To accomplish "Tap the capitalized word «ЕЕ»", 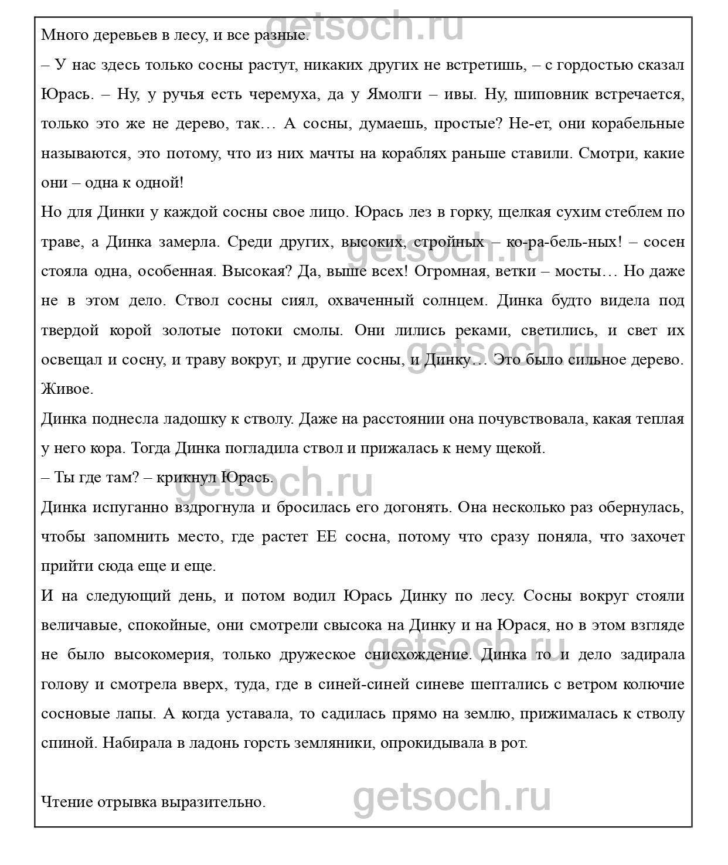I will point(326,537).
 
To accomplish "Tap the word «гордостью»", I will point(591,65).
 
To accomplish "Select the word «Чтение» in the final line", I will point(66,802).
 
